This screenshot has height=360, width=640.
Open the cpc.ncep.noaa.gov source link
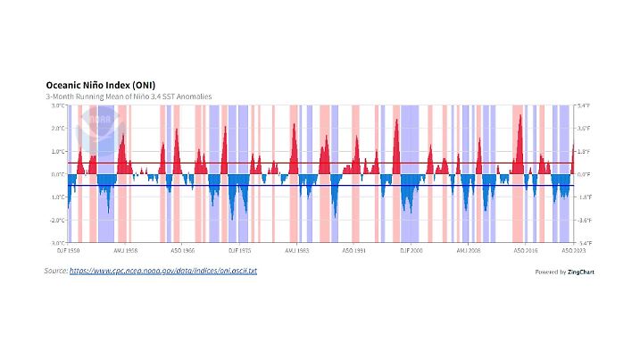[162, 270]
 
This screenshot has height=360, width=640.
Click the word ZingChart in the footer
[581, 272]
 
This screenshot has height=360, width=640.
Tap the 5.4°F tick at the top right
[585, 105]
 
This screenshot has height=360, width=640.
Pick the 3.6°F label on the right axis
[585, 129]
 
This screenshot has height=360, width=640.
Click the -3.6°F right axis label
[585, 220]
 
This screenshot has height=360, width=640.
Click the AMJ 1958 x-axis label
[126, 252]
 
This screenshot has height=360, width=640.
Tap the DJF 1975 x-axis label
[240, 252]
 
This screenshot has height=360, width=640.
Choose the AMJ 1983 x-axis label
[297, 252]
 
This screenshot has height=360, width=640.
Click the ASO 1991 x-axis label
[354, 252]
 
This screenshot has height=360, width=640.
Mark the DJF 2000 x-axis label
[411, 252]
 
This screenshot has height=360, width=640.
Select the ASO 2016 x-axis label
[525, 252]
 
